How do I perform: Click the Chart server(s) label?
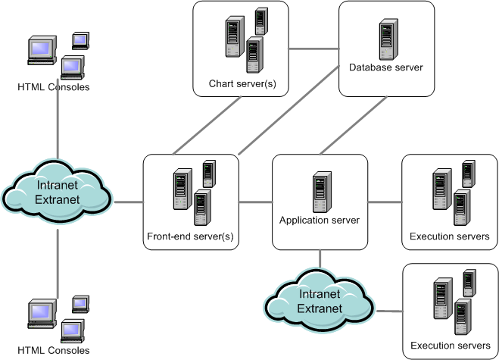(240, 82)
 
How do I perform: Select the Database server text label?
(385, 67)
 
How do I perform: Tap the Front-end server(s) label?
(190, 236)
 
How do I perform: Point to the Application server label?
(319, 221)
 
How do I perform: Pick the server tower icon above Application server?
(320, 193)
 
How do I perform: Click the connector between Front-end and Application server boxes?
(255, 202)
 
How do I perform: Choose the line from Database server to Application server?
(351, 126)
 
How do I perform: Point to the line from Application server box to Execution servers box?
(384, 202)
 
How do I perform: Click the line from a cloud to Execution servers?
(388, 311)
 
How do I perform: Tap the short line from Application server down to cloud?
(320, 259)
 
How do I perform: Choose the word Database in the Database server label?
(370, 67)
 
